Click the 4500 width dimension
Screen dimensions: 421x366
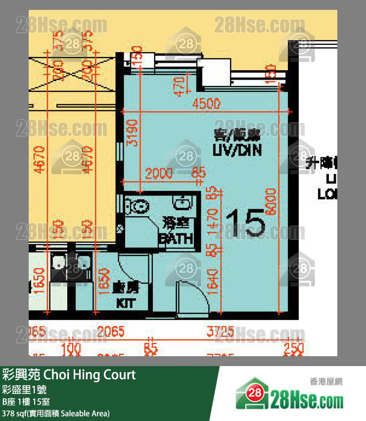[206, 104]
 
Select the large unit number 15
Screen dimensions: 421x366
[245, 224]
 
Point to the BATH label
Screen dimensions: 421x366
[175, 238]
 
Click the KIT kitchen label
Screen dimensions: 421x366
[125, 303]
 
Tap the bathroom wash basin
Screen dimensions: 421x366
[183, 202]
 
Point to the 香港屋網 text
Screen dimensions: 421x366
[326, 381]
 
